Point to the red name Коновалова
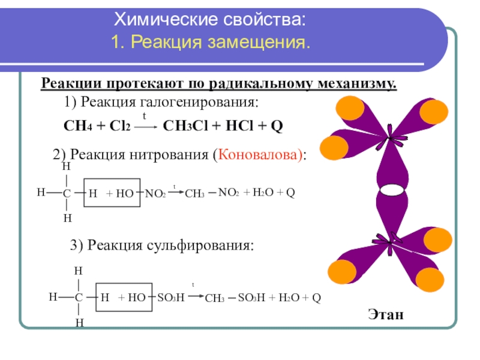click(260, 155)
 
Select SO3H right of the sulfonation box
click(170, 297)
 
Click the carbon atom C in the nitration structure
click(67, 193)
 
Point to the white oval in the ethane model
click(390, 190)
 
